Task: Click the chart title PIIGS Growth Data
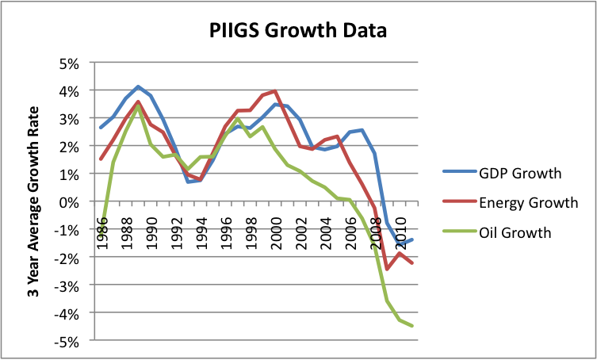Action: click(298, 30)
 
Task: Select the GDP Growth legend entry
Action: click(502, 173)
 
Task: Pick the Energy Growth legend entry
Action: click(511, 202)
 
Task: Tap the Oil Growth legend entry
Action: click(496, 232)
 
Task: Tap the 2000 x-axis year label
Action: click(276, 233)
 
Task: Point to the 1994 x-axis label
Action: click(202, 233)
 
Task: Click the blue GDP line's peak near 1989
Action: click(138, 86)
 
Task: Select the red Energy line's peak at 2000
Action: click(275, 91)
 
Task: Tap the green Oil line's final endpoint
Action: click(413, 326)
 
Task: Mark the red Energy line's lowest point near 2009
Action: click(387, 269)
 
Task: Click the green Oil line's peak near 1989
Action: click(138, 106)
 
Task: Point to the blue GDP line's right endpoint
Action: click(413, 239)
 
